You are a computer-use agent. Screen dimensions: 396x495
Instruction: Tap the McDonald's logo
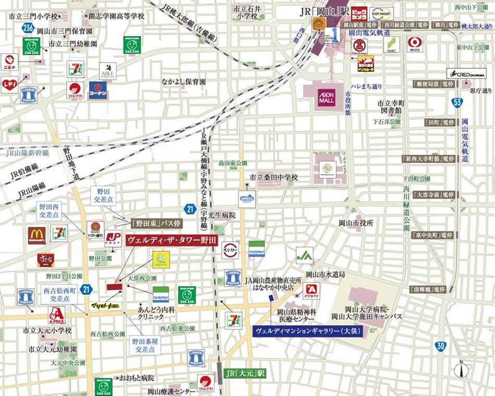pyautogui.click(x=37, y=236)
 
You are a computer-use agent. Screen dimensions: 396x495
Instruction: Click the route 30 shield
pyautogui.click(x=441, y=346)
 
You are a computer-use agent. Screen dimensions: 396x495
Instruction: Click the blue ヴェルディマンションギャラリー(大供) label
pyautogui.click(x=308, y=331)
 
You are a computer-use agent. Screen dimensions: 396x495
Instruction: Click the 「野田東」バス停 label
pyautogui.click(x=148, y=222)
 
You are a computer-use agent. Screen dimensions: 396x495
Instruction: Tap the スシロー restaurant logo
pyautogui.click(x=230, y=250)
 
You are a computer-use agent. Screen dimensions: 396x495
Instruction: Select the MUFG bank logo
pyautogui.click(x=416, y=44)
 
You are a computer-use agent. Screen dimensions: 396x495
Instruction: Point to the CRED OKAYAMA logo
pyautogui.click(x=466, y=74)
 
